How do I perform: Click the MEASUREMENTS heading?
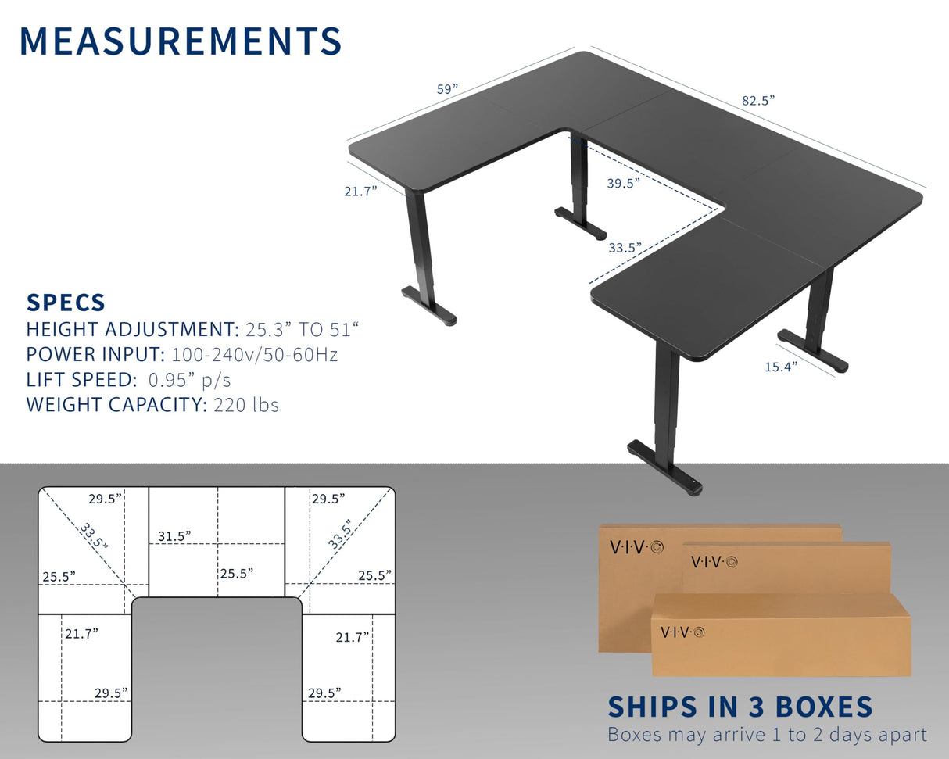(181, 41)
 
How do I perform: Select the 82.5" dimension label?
(757, 100)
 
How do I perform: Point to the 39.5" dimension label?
(623, 183)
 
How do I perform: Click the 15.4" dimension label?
(781, 366)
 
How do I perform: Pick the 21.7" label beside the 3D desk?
(360, 190)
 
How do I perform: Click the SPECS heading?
(66, 303)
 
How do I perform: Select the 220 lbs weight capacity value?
(245, 405)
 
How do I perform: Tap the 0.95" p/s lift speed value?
(188, 380)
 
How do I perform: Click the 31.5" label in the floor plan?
(174, 535)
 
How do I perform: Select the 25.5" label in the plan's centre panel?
(236, 573)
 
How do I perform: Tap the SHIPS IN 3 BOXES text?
(740, 707)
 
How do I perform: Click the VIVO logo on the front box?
(682, 632)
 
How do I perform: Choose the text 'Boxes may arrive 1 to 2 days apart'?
(767, 735)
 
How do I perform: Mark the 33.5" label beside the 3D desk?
(625, 248)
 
